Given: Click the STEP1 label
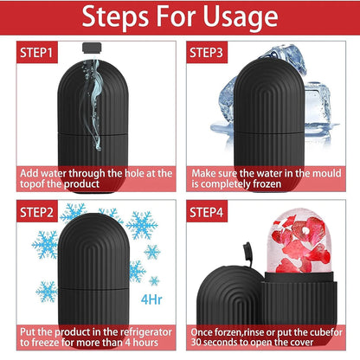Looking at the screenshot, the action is [37, 52].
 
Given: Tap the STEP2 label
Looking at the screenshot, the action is [37, 212].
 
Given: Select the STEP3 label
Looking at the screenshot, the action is [207, 52].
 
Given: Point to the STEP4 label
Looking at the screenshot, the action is [207, 212].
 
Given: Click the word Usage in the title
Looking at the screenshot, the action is [241, 16].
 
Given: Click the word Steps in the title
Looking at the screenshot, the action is [117, 16].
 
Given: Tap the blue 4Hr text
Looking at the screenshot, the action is [151, 300].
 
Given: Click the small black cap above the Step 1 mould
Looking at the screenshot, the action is [92, 48].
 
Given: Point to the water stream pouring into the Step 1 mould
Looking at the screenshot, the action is [93, 104].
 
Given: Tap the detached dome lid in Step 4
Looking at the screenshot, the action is [229, 296].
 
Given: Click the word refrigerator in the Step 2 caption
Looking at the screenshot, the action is [146, 332].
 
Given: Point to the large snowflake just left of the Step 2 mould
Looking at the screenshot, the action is [46, 244].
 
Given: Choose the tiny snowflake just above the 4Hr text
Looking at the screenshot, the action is [154, 280].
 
